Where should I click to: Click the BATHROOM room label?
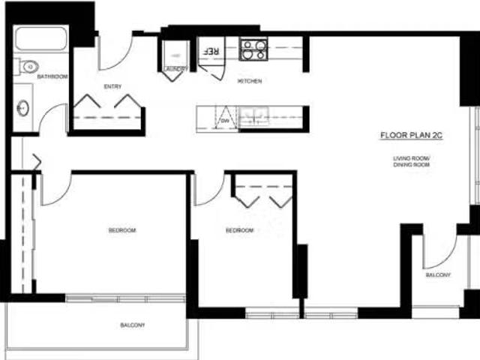[52, 76]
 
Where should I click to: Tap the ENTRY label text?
[113, 86]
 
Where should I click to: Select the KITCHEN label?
[249, 81]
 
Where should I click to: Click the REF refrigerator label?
[211, 51]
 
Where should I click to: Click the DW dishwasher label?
[225, 119]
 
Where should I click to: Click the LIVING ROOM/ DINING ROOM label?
[412, 160]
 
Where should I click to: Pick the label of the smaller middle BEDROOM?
[239, 230]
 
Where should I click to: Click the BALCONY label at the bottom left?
[133, 325]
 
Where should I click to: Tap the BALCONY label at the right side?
[439, 275]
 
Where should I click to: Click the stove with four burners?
[253, 50]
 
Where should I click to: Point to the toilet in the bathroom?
[27, 67]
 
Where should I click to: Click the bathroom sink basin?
[22, 109]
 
